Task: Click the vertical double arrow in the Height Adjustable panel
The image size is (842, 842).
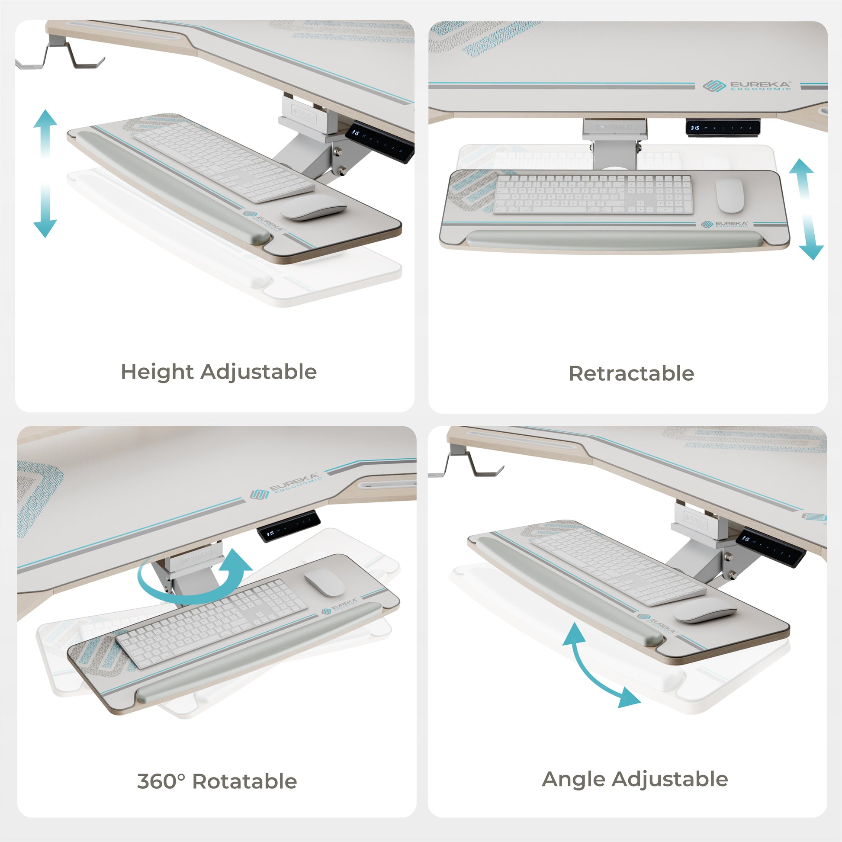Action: pos(45,174)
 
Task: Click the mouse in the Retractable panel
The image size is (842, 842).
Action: pos(730,195)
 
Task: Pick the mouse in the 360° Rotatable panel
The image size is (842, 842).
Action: pos(324,582)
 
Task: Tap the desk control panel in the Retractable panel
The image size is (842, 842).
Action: pos(723,128)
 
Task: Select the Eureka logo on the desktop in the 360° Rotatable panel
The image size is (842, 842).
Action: pos(286,486)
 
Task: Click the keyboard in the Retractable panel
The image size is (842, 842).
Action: pos(593,194)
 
